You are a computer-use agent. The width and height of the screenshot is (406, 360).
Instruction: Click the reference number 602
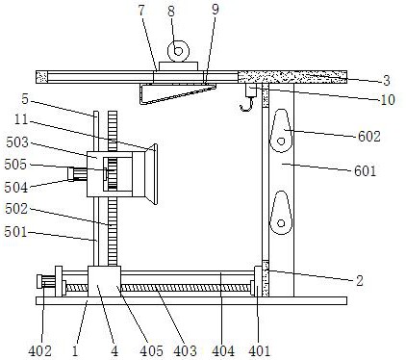tap(368, 137)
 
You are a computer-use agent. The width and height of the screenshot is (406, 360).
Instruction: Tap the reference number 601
tap(365, 170)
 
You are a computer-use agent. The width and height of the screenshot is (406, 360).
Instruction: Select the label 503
tap(17, 142)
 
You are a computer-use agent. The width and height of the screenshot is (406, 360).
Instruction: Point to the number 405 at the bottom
tap(151, 351)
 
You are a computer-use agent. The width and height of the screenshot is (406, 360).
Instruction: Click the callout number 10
tap(388, 100)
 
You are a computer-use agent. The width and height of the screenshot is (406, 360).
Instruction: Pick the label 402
tap(39, 351)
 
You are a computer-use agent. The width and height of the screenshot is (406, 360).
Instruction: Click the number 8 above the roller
tap(171, 12)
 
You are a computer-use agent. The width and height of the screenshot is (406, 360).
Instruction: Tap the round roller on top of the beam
tap(178, 51)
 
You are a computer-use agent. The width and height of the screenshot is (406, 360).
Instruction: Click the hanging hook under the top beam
tap(247, 104)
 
